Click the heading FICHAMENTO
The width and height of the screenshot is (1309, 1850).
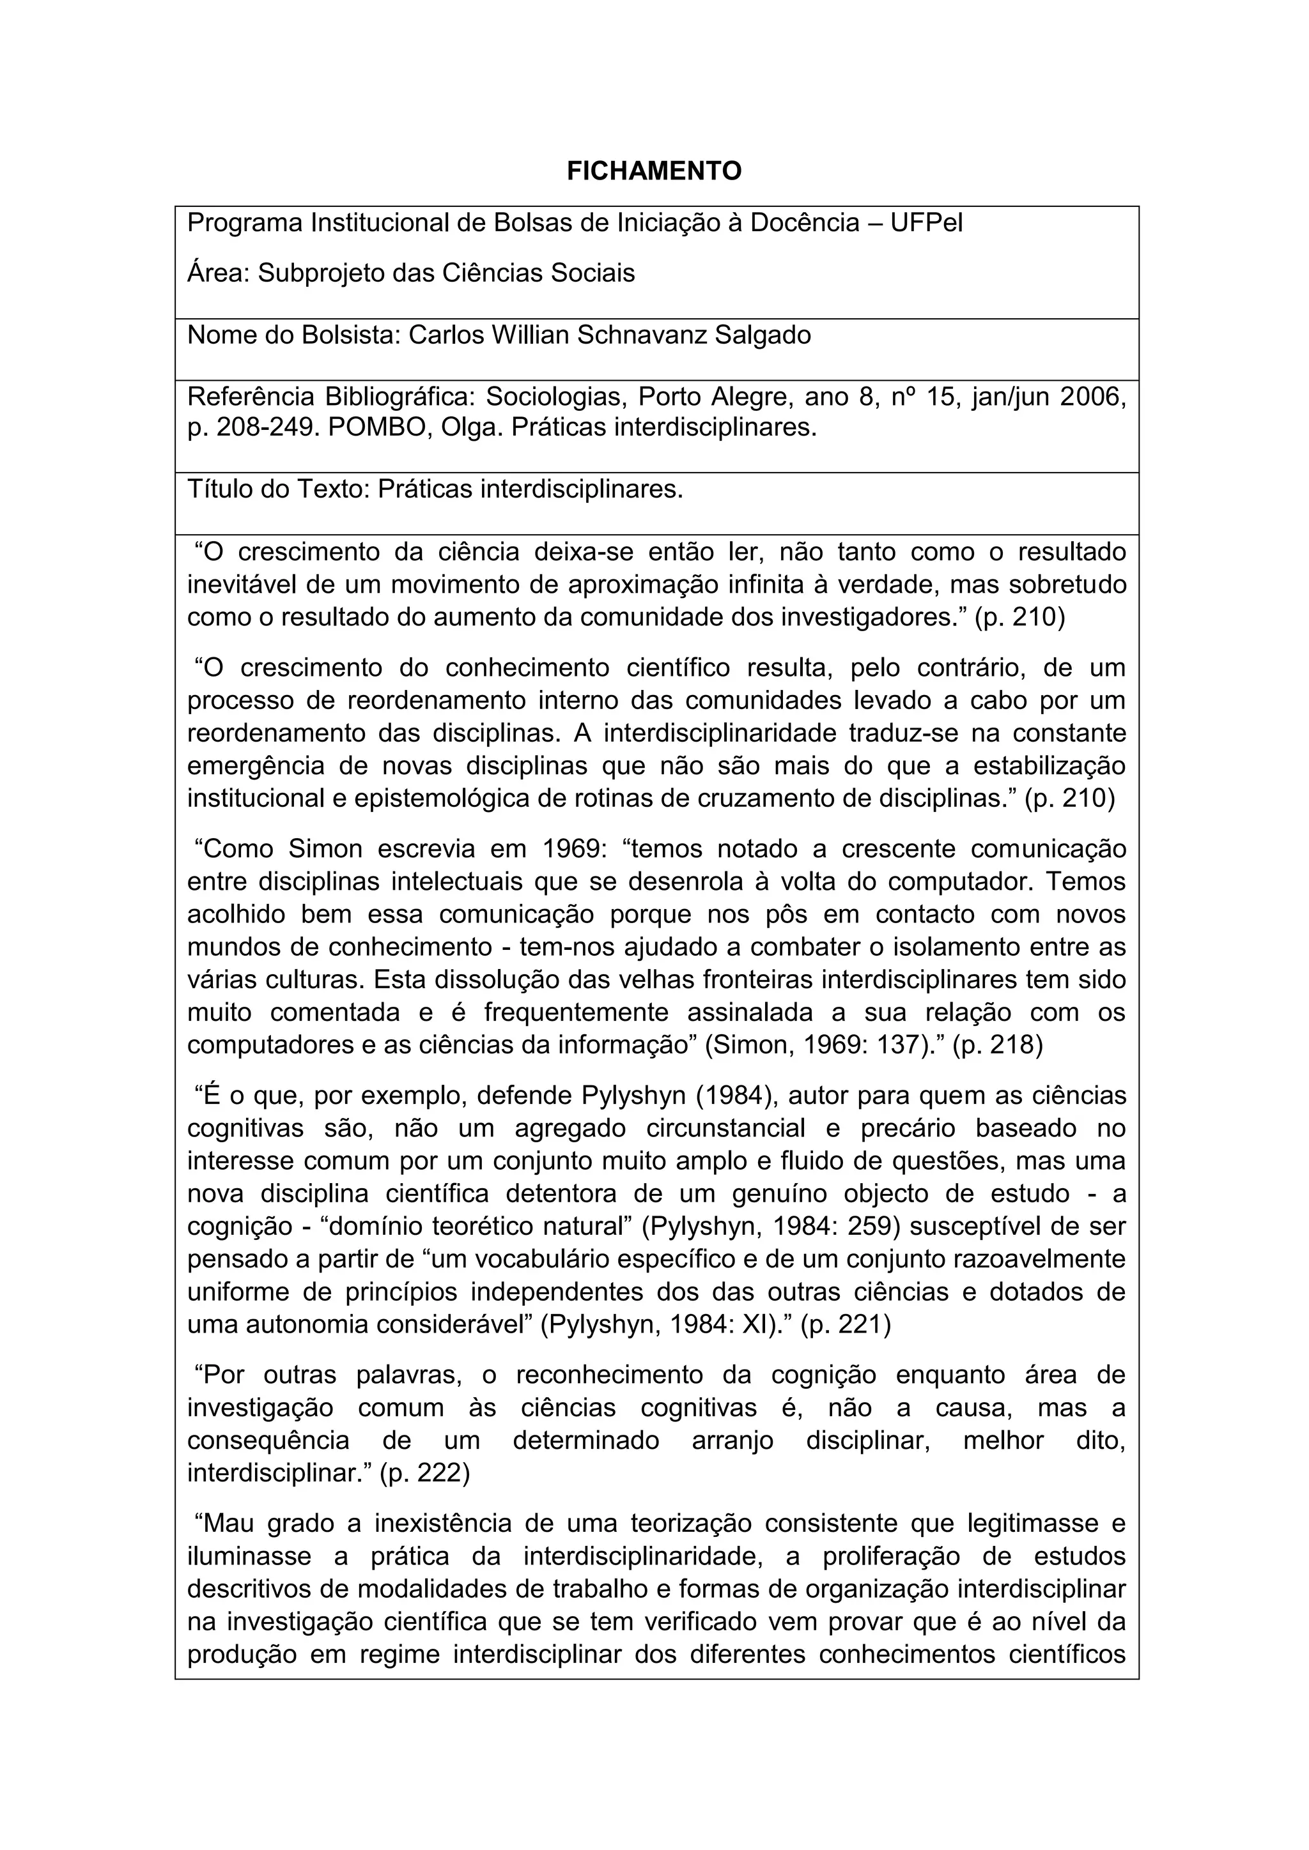point(654,171)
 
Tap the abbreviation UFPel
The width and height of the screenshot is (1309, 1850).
point(926,223)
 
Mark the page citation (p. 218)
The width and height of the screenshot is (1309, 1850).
point(997,1045)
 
